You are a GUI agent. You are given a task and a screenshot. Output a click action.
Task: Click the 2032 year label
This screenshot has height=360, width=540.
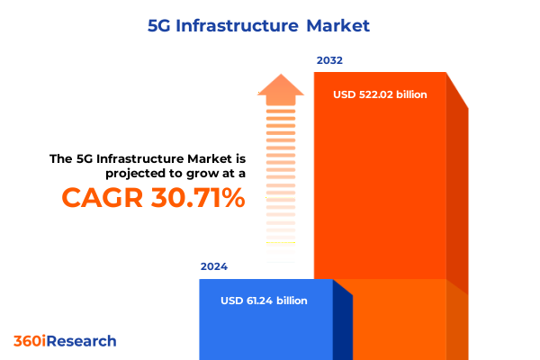tap(329, 61)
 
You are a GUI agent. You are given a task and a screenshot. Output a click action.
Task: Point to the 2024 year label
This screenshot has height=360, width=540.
tap(214, 267)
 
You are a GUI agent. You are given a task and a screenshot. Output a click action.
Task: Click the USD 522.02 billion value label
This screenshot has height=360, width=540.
tap(380, 94)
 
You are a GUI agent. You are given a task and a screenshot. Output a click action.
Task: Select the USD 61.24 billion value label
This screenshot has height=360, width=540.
tap(264, 300)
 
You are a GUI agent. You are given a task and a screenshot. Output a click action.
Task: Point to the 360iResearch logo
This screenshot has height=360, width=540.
tap(65, 341)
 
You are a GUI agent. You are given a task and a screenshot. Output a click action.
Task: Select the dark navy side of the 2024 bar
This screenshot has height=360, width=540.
tap(342, 324)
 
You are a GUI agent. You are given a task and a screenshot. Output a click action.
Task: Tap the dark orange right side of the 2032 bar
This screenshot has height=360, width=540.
tap(457, 198)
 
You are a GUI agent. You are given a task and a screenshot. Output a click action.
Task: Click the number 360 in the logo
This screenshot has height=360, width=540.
tap(27, 341)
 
